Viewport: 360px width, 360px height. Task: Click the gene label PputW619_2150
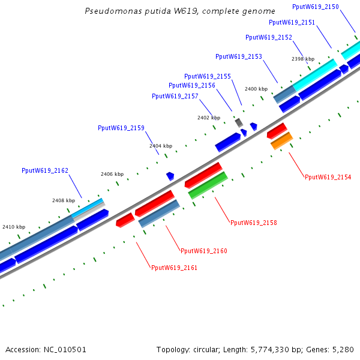pos(315,7)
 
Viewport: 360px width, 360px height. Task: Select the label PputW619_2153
pos(239,56)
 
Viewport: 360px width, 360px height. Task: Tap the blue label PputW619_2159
pos(121,128)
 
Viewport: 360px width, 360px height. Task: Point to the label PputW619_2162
pos(45,170)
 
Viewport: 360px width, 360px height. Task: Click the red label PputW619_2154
pos(328,177)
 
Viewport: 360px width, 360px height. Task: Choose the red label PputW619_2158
pos(254,223)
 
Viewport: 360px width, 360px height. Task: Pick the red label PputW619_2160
pos(204,251)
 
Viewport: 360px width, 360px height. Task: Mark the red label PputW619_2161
pos(174,268)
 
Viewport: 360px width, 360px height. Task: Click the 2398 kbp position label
pos(303,59)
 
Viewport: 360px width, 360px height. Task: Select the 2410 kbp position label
pos(14,227)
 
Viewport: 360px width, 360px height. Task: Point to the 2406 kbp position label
pos(112,174)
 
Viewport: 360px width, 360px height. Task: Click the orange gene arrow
pos(281,141)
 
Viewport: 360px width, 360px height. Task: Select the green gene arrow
pos(208,185)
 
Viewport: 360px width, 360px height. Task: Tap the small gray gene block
pos(239,122)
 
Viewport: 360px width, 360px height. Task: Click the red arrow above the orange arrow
pos(277,130)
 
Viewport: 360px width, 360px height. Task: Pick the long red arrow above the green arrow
pos(203,175)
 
